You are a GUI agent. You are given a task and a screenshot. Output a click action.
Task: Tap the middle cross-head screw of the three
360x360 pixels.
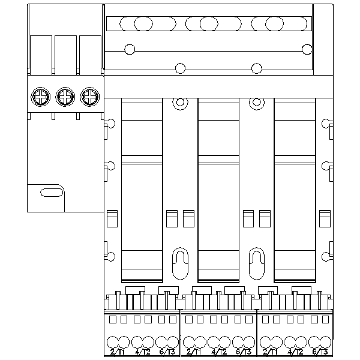click(65, 96)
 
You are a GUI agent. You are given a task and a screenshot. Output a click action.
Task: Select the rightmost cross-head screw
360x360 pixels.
click(89, 96)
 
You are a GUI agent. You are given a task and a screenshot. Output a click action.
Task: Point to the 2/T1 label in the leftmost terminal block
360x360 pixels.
click(118, 352)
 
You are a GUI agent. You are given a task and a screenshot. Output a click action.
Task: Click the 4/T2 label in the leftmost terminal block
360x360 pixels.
click(142, 352)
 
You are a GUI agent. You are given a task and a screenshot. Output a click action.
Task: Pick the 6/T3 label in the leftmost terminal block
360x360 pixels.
click(167, 352)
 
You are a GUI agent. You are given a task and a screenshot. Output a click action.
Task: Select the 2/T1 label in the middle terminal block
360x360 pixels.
click(194, 352)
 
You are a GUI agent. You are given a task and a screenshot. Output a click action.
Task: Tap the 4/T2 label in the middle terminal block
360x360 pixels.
click(218, 352)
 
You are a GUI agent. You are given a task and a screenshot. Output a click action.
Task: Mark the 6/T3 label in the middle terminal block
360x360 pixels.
click(243, 352)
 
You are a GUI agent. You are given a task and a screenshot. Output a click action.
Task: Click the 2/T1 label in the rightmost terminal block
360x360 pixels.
click(271, 352)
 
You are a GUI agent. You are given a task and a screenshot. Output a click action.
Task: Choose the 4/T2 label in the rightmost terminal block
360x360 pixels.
click(295, 352)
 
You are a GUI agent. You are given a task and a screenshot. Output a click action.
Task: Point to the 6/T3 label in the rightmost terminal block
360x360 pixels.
click(319, 352)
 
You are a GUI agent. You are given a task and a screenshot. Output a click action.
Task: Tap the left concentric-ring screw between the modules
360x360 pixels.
click(179, 103)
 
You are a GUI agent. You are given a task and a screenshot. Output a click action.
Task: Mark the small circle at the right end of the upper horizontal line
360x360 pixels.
click(308, 49)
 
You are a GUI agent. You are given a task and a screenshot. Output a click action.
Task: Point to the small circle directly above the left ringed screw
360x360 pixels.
click(179, 67)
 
